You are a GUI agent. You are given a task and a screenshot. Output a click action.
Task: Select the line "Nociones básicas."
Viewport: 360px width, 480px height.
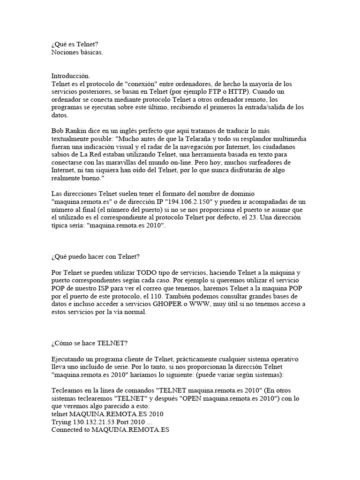77,52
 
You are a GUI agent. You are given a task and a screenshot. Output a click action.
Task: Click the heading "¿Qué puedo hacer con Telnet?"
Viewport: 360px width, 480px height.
96,257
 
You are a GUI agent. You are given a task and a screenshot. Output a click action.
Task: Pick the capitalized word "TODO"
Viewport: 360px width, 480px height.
147,272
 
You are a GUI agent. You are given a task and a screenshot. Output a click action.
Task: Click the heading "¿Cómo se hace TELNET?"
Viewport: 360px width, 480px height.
90,343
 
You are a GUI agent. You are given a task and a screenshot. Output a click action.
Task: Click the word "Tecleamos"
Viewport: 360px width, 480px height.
67,390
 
